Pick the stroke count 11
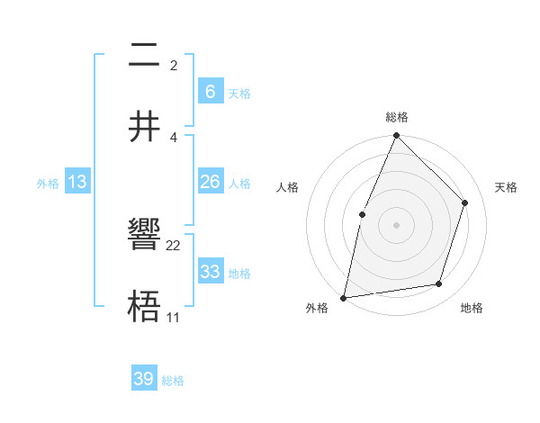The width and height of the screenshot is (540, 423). tap(173, 318)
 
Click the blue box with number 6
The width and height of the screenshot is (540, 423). tap(210, 91)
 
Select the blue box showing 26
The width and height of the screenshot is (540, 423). tap(210, 182)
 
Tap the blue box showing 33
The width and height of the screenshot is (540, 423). tap(210, 272)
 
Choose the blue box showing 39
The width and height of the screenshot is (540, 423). tap(144, 379)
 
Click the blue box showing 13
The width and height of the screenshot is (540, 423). tap(77, 182)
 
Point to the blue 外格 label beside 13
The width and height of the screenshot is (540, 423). tap(48, 184)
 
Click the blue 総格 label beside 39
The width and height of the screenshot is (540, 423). tap(173, 381)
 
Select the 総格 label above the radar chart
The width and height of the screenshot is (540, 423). tap(396, 117)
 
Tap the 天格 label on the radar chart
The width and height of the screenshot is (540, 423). tap(507, 187)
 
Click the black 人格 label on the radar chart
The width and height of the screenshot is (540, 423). tap(287, 187)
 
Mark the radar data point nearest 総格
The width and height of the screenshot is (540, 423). tap(396, 136)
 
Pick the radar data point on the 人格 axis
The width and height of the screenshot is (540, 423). tap(362, 214)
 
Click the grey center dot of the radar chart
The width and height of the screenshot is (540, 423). tap(396, 225)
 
